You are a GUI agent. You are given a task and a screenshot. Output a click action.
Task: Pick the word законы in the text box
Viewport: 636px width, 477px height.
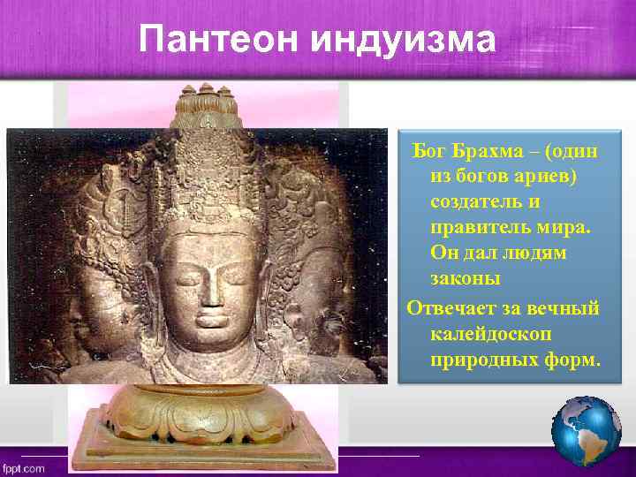point(465,279)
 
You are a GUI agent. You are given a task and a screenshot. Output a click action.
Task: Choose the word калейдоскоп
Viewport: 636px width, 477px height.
point(491,335)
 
